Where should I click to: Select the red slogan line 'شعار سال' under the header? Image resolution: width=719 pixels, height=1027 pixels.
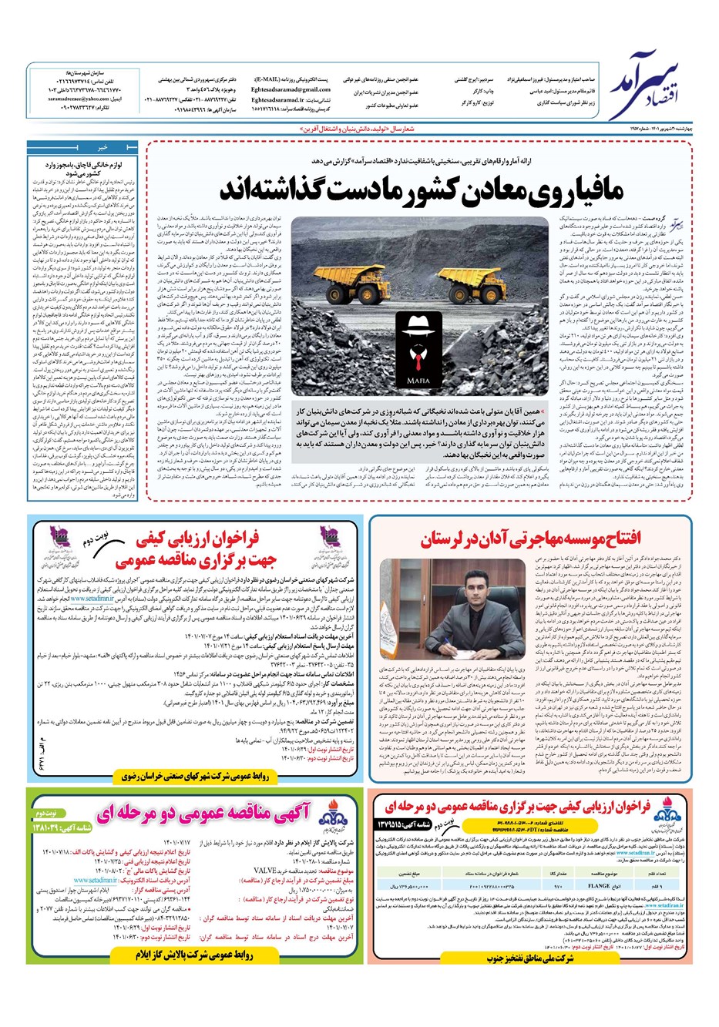coord(359,130)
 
